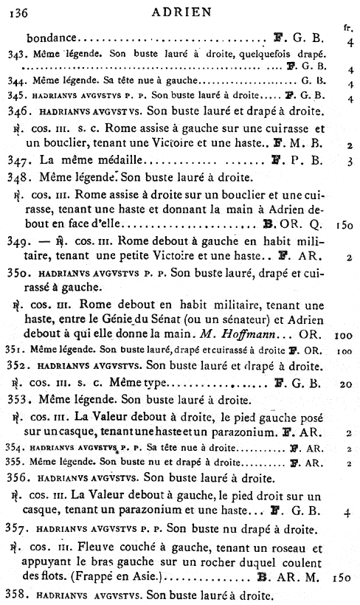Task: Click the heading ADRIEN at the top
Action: tap(181, 11)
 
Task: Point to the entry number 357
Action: tap(15, 530)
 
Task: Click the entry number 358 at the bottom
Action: tap(15, 594)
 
